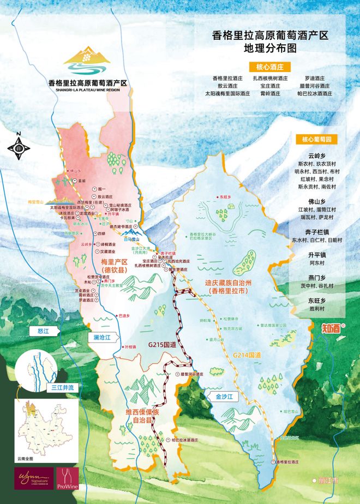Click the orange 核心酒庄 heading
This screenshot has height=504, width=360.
pyautogui.click(x=271, y=67)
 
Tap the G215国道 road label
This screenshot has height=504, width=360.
pyautogui.click(x=162, y=345)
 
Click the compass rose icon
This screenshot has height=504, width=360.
pyautogui.click(x=19, y=146)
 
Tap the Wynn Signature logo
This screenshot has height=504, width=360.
pyautogui.click(x=34, y=478)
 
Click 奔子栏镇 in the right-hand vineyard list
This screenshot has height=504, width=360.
pyautogui.click(x=316, y=231)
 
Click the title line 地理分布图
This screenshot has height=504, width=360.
pyautogui.click(x=271, y=48)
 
